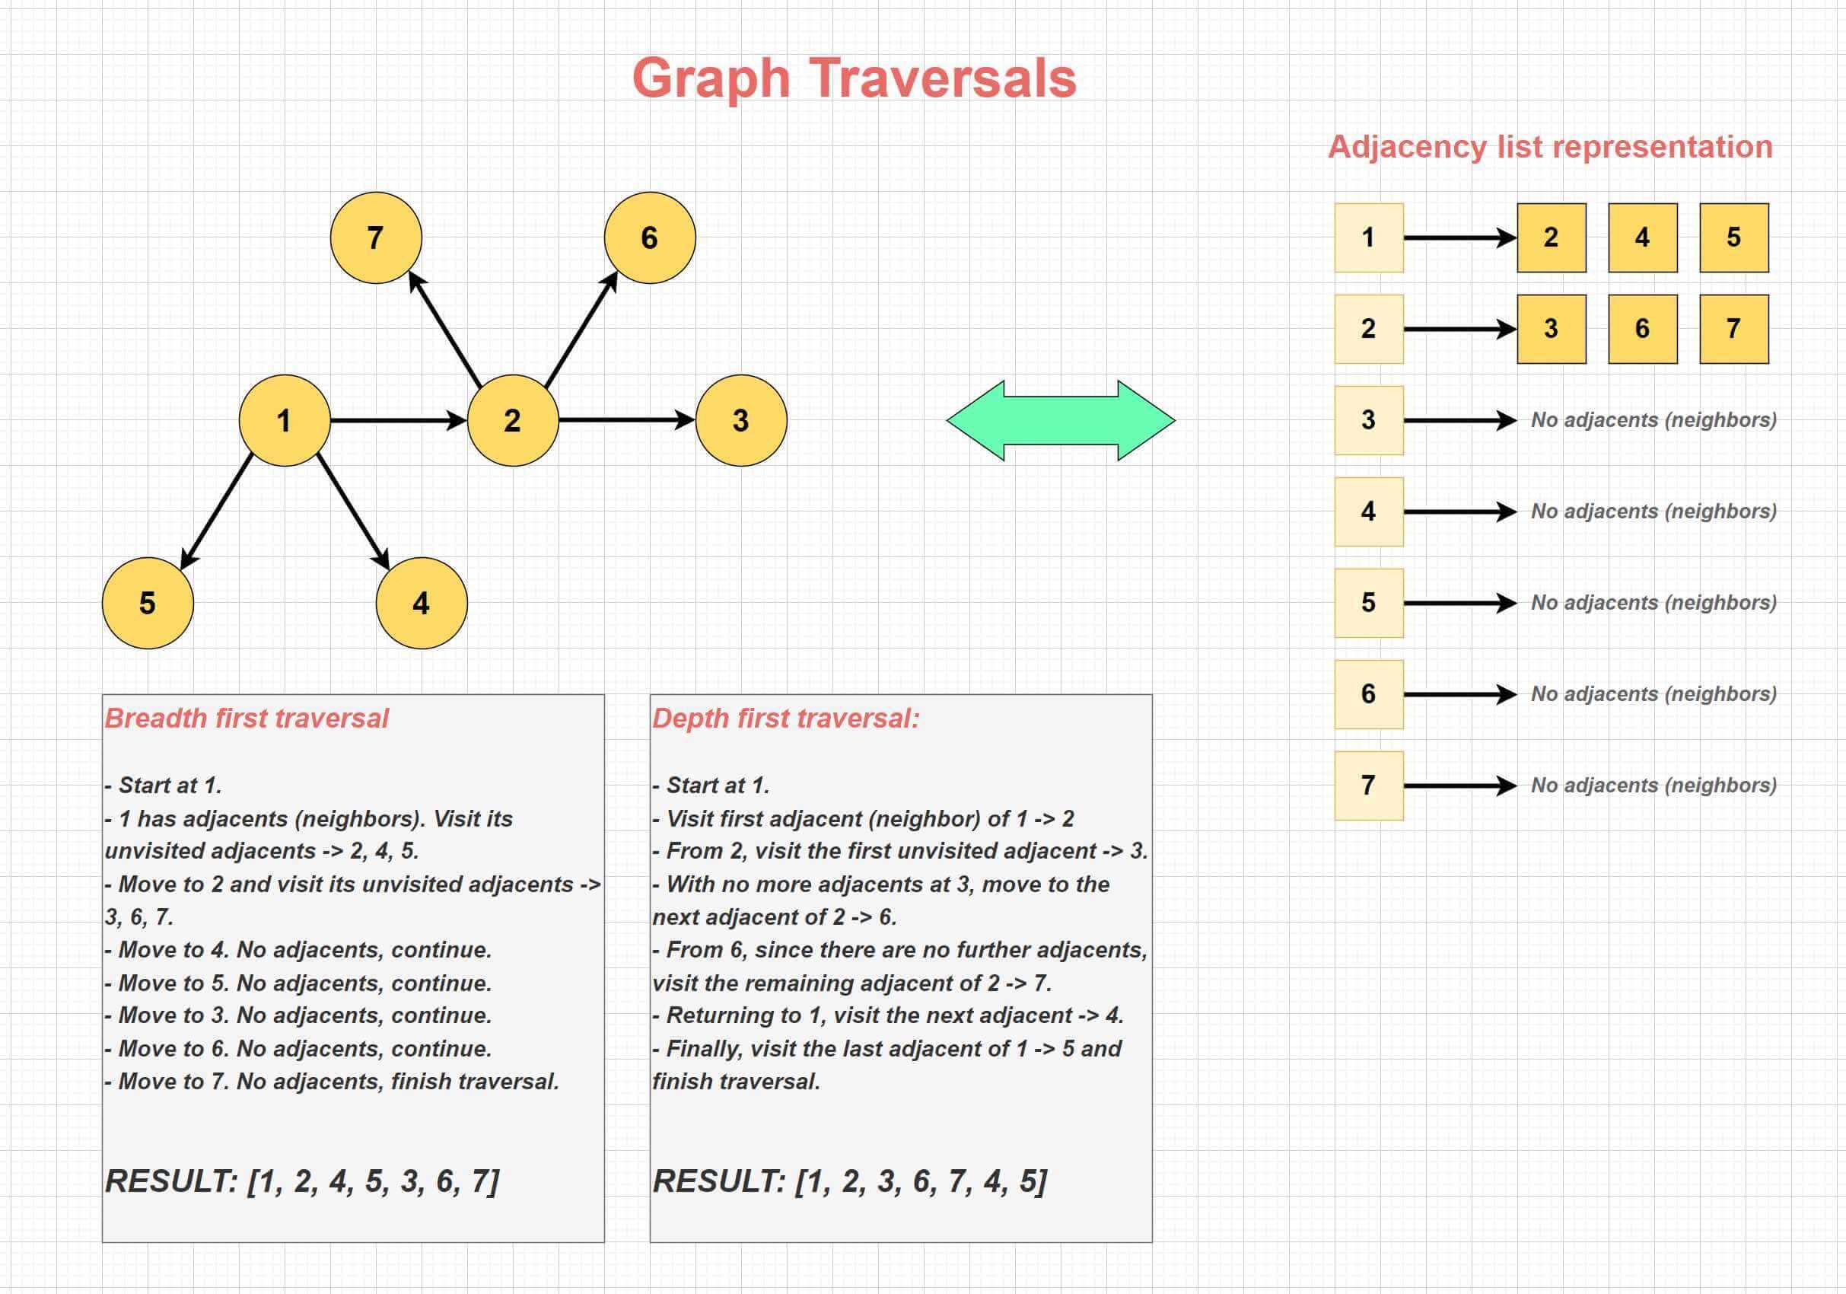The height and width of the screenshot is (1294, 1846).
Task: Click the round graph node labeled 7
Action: pos(375,238)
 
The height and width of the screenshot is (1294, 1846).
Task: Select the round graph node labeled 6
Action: pos(650,238)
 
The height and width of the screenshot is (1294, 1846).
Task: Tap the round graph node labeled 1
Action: pos(285,421)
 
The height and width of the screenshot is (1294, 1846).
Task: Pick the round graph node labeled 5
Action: pos(148,603)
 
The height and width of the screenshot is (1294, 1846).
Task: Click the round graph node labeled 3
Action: pos(741,421)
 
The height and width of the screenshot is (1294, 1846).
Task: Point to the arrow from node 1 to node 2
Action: pos(399,421)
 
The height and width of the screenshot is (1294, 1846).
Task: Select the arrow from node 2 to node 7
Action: pos(444,329)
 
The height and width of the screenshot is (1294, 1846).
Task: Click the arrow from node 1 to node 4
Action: pos(353,512)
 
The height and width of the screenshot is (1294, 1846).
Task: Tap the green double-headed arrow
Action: pos(1061,421)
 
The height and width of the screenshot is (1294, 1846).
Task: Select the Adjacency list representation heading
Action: pos(1550,147)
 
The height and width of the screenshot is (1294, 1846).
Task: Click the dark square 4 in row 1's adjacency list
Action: pos(1643,238)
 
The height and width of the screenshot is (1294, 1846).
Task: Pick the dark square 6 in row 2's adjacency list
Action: pos(1643,329)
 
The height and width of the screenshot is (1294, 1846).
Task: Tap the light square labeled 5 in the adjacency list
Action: pos(1369,603)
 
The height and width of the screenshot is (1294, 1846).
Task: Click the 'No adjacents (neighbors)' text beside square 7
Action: pos(1653,785)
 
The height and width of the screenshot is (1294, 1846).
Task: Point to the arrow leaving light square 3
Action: pos(1460,421)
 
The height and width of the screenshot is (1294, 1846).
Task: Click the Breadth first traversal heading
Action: pos(247,719)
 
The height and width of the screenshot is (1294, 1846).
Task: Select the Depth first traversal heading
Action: pos(785,719)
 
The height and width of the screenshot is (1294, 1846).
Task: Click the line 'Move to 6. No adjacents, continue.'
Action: pos(298,1049)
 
